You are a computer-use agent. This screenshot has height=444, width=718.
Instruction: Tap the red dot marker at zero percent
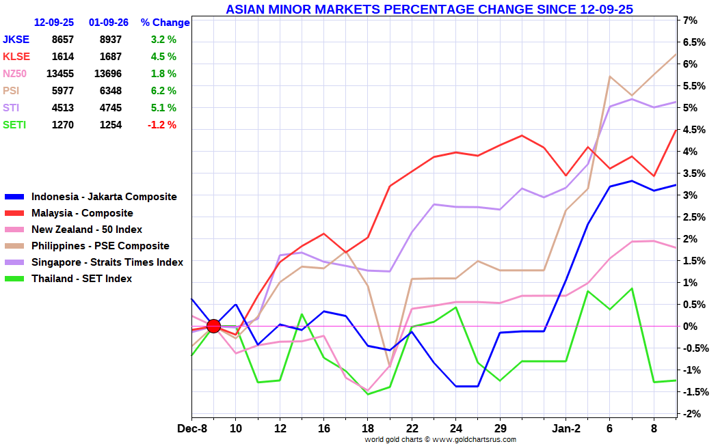213,326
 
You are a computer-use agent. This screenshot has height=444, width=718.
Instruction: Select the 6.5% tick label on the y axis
693,42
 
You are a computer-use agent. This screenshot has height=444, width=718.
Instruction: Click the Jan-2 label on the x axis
566,429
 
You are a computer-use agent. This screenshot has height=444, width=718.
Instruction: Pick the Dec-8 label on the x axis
192,429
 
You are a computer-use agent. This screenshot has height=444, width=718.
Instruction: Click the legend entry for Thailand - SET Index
81,279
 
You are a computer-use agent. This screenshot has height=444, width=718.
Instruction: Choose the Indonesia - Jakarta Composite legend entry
104,197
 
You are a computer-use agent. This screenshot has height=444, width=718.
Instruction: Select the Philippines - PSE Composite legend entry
100,246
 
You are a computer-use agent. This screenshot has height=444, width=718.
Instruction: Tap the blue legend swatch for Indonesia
14,197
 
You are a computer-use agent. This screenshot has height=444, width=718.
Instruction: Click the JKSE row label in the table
16,40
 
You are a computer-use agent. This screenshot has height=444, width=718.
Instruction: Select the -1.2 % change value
162,125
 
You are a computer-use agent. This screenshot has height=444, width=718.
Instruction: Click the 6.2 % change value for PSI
163,91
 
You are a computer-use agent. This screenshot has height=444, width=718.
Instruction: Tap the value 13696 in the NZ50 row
107,74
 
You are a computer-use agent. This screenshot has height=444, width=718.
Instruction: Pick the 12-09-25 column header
54,23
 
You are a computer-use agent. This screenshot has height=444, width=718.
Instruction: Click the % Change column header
165,23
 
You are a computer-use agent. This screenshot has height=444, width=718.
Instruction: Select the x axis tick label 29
500,429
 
